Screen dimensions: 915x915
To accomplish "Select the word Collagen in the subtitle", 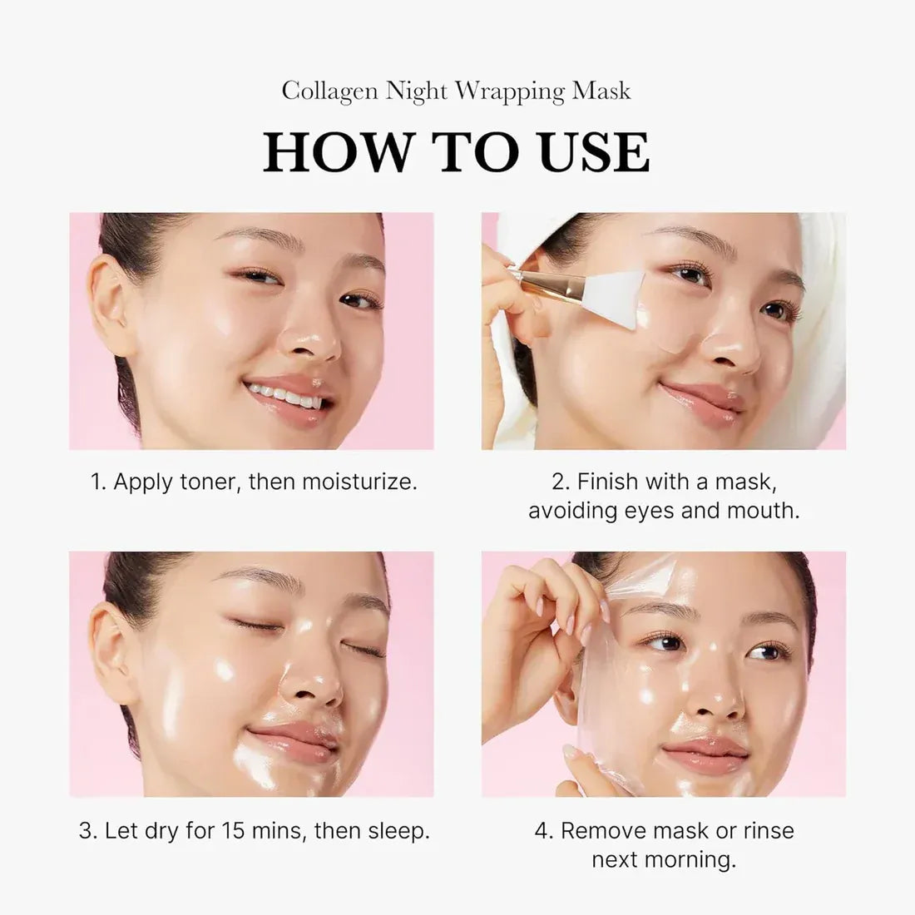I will click(329, 91).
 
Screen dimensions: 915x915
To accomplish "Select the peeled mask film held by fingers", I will click(616, 599).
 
